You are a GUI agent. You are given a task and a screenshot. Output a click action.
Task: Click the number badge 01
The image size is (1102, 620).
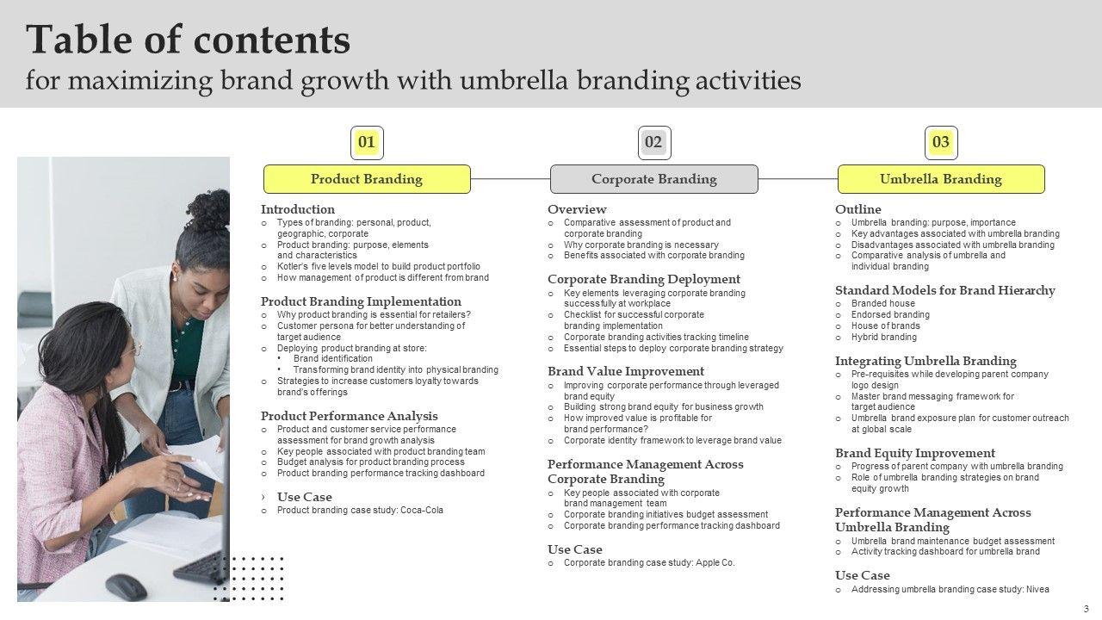tap(367, 142)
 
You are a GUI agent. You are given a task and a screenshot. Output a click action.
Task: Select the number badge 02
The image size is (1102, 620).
tap(653, 142)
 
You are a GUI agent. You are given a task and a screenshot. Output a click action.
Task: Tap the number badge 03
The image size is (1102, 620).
tap(941, 142)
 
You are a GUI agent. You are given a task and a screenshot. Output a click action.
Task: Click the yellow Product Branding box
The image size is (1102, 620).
tap(367, 179)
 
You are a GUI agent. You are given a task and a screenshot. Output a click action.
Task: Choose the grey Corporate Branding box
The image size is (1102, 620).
tap(653, 179)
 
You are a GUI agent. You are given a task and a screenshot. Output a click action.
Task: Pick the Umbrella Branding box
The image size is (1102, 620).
tap(941, 179)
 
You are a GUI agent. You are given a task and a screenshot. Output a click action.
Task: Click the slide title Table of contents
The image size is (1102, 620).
tap(189, 40)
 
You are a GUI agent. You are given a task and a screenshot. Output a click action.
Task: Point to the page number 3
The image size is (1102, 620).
tap(1087, 609)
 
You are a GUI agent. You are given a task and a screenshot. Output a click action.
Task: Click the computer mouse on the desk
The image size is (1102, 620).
tap(126, 586)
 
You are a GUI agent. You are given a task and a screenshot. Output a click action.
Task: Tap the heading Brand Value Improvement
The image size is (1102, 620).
tap(626, 371)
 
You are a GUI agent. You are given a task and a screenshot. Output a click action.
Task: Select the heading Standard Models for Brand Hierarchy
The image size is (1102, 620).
tap(944, 290)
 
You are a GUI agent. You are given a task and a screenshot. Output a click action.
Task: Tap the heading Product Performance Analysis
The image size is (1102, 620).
tap(349, 416)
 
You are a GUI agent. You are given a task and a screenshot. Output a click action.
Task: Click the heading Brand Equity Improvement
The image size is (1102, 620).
tap(915, 453)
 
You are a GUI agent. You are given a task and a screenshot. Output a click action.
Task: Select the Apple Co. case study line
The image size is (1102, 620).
tap(649, 562)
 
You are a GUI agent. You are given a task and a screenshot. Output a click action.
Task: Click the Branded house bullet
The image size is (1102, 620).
tap(882, 303)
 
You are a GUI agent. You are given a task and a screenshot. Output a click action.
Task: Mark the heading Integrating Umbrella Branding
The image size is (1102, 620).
tap(926, 361)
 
